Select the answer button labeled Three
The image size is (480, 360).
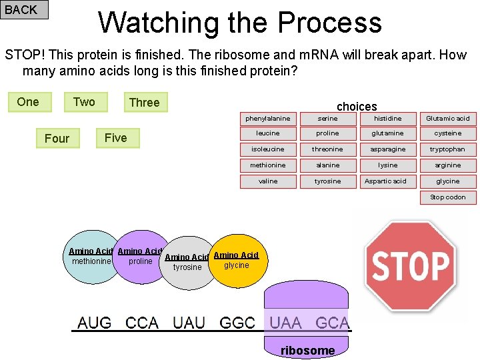145,102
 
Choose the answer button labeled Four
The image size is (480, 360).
57,138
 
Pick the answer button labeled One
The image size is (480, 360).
28,101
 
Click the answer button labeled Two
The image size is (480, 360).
84,101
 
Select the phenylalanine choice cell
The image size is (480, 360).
268,119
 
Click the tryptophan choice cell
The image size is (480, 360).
448,149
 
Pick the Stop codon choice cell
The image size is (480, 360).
448,197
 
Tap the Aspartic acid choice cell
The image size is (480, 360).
387,181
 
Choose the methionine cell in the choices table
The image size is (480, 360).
268,165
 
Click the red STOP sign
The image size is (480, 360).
411,266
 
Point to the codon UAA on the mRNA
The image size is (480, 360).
285,323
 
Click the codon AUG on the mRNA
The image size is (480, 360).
95,323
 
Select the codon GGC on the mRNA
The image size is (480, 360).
237,323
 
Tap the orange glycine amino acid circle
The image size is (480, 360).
237,263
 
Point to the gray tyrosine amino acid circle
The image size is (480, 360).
187,265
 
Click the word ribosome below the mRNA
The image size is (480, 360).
307,351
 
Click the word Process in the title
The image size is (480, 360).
329,23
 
